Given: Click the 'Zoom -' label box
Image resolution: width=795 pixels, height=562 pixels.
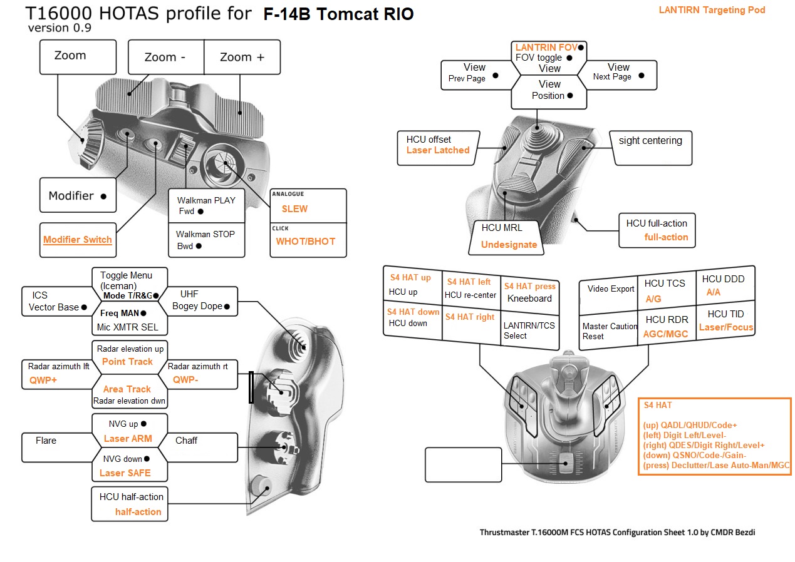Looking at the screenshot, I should pos(165,57).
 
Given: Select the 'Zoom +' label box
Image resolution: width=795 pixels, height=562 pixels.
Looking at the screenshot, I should pos(242,57).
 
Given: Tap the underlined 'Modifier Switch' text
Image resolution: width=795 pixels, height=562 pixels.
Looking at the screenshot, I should pos(78,240).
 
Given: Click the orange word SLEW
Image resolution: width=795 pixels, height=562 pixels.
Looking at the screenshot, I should pos(294,208).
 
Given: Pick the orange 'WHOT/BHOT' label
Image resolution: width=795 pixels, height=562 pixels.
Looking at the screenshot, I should pos(306,241).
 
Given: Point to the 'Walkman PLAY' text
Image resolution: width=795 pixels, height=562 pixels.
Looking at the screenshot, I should pos(206,200).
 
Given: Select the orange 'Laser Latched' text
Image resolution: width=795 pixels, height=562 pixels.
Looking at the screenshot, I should pos(437,150).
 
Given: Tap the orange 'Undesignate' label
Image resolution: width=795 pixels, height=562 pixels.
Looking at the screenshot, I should pos(509,245).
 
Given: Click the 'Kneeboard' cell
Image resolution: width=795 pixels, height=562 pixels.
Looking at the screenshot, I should pos(529,299).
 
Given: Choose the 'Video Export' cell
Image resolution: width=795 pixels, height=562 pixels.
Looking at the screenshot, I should pos(611,289).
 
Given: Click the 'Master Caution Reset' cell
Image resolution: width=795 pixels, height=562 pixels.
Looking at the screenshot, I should pos(610,331).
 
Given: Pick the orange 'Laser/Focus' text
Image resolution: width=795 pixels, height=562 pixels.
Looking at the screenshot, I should pos(726,327).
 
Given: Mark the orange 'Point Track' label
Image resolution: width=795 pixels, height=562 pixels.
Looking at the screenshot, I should pos(127,362).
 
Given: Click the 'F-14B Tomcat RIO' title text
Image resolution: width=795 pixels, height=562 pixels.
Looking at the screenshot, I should pos(338,14).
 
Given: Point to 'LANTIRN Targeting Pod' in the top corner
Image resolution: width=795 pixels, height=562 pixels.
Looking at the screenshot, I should pos(712,10).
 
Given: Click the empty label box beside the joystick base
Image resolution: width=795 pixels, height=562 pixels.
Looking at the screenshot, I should pos(463,465).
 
